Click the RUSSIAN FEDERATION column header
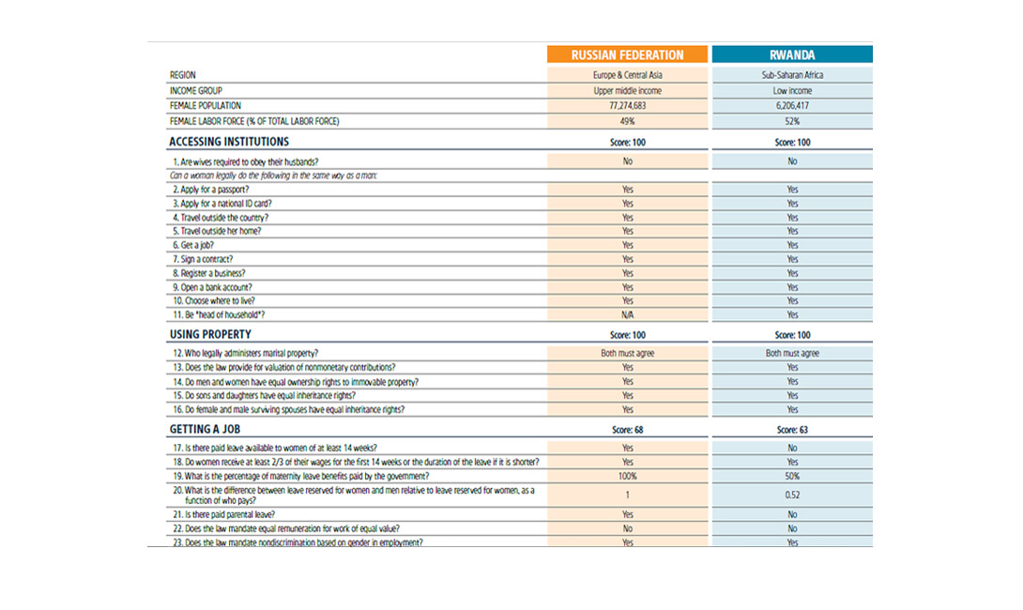(x=628, y=54)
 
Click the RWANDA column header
(x=792, y=54)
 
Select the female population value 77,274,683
(x=628, y=106)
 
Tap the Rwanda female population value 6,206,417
(x=792, y=106)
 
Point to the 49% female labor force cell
(x=628, y=121)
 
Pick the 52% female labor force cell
(x=792, y=121)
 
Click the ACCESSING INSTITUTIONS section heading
(x=229, y=142)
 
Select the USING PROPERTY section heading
(x=210, y=334)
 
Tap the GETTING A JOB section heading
(x=206, y=429)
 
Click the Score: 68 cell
(x=628, y=430)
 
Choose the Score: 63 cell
(x=792, y=430)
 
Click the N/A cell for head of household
(x=628, y=315)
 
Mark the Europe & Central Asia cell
(x=628, y=75)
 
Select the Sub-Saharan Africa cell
(x=792, y=75)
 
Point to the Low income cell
(x=792, y=91)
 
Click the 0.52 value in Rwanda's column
(x=792, y=496)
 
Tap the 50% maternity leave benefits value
(x=792, y=476)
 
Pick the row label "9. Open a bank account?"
(x=211, y=287)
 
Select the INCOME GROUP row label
(x=196, y=91)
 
